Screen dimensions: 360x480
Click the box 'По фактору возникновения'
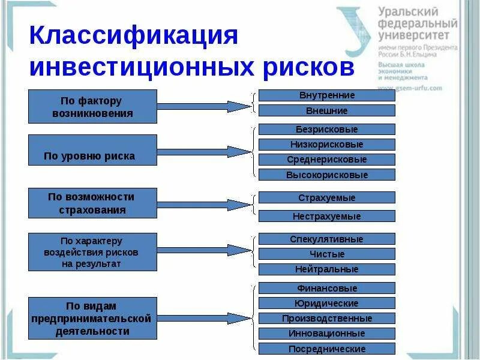pyautogui.click(x=92, y=106)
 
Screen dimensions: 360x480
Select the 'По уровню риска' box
pyautogui.click(x=92, y=150)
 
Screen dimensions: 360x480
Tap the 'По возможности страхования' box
pyautogui.click(x=92, y=203)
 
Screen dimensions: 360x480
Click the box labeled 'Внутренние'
pyautogui.click(x=326, y=95)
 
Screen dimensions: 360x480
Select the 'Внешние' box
pyautogui.click(x=326, y=110)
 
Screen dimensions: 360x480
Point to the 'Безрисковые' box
pyautogui.click(x=326, y=129)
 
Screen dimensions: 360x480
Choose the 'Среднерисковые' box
pyautogui.click(x=326, y=160)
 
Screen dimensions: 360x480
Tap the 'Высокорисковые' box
pyautogui.click(x=326, y=175)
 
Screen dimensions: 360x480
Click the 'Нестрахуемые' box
pyautogui.click(x=326, y=216)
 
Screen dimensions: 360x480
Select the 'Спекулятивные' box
pyautogui.click(x=326, y=239)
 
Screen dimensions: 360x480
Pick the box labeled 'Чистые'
pyautogui.click(x=326, y=254)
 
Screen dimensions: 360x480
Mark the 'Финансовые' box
pyautogui.click(x=326, y=288)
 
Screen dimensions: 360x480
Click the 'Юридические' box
pyautogui.click(x=326, y=303)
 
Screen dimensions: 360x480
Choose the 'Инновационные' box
pyautogui.click(x=326, y=334)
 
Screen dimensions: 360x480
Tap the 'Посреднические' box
pyautogui.click(x=326, y=349)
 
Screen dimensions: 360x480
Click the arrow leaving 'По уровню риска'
pyautogui.click(x=204, y=151)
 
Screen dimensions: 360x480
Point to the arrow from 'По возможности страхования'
pyautogui.click(x=204, y=205)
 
